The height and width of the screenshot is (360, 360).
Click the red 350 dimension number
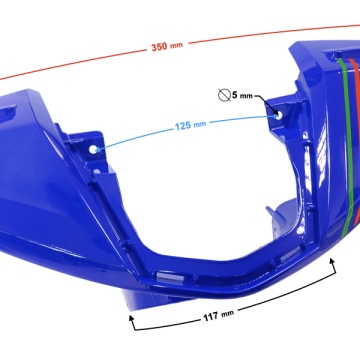159,47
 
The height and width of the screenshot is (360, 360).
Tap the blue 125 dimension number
183,126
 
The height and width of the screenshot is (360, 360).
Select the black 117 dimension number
211,317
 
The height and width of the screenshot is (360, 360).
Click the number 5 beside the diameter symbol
235,95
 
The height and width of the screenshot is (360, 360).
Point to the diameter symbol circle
224,95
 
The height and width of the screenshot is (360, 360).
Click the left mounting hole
93,149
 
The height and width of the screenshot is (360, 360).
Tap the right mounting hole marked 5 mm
279,115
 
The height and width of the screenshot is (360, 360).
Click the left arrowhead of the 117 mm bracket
132,318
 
